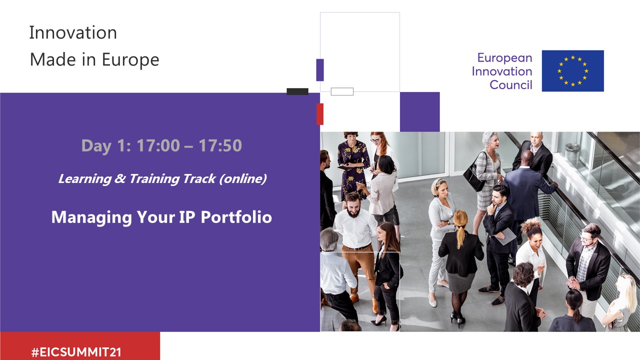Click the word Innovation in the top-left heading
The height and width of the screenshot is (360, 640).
tap(73, 32)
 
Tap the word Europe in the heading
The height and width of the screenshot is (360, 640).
tap(130, 60)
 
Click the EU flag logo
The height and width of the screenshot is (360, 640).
tap(573, 71)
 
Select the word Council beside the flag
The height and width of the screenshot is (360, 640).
tap(511, 85)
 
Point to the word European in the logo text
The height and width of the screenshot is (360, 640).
tap(504, 58)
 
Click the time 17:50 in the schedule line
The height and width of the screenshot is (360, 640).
tap(220, 145)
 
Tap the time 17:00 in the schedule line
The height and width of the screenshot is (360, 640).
tap(158, 145)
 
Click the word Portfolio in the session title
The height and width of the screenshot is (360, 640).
tap(236, 217)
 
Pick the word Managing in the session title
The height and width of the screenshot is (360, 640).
tap(91, 217)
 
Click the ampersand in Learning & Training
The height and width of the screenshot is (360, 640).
tap(120, 179)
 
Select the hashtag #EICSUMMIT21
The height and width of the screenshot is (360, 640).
tap(76, 352)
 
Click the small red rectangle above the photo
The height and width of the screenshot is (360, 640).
tap(320, 114)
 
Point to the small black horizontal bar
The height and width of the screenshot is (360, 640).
tap(297, 91)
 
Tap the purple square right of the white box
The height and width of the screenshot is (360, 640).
tap(419, 111)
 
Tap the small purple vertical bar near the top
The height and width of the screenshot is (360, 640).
tap(320, 70)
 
